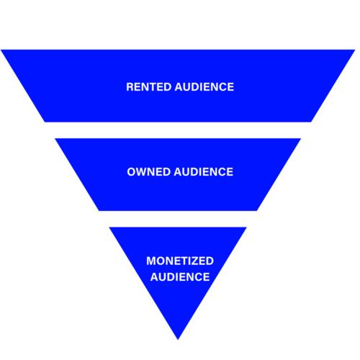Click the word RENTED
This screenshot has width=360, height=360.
coord(148,87)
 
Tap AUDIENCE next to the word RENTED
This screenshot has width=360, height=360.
coord(204,87)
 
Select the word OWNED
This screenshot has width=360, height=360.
coord(148,172)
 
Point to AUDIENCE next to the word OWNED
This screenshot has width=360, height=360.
coord(204,172)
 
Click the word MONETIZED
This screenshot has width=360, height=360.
coord(180,261)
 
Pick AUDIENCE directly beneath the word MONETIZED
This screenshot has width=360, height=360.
coord(180,276)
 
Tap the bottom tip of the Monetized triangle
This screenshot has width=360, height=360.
coord(178,340)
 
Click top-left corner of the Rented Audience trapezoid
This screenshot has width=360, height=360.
coord(1,50)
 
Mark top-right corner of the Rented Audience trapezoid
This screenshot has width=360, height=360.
coord(355,50)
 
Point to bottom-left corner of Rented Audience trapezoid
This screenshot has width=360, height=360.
coord(45,122)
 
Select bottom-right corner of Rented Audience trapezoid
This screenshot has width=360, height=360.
coord(311,122)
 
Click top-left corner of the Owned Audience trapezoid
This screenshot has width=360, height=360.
coord(55,138)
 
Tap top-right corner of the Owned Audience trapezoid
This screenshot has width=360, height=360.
coord(301,138)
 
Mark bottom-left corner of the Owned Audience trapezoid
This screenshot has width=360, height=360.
coord(99,211)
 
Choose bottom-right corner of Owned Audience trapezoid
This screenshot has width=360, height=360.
coord(257,211)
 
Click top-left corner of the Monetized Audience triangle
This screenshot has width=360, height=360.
coord(109,227)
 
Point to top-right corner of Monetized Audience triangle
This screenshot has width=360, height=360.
coord(247,227)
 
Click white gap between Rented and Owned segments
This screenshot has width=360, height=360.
coord(178,130)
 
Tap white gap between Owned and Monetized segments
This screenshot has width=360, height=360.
coord(178,219)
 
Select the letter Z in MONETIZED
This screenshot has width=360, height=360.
coord(197,261)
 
